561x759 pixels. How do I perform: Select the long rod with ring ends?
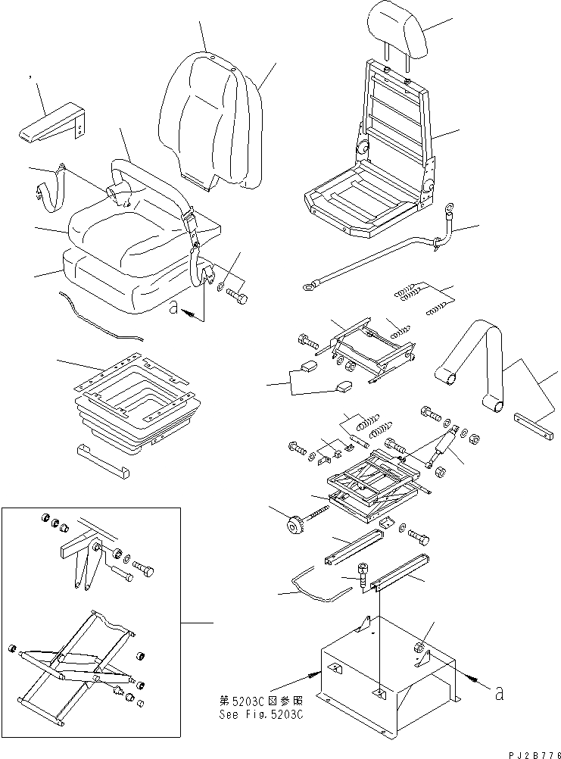pos(371,261)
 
